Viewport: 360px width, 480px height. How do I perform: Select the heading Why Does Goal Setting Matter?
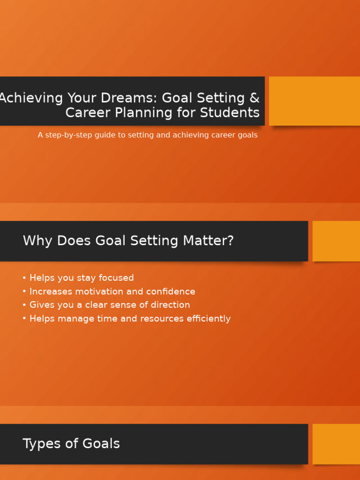[128, 241]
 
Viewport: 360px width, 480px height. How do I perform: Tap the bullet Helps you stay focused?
[81, 278]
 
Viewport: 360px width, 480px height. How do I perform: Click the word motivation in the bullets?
[95, 292]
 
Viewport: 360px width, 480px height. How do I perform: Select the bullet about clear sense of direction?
[109, 305]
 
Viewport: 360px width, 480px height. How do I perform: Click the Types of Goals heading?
[71, 444]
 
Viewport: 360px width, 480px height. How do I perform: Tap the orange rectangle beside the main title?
[314, 101]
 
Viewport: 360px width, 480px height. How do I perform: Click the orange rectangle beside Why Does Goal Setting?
[336, 241]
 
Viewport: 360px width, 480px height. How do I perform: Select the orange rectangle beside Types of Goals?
[336, 444]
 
